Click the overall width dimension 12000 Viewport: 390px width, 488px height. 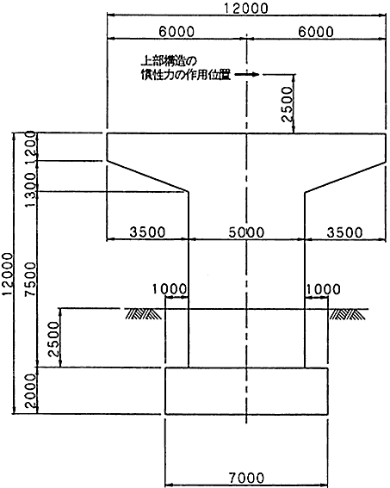click(246, 8)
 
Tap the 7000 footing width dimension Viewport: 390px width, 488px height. click(246, 478)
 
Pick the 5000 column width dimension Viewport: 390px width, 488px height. click(246, 232)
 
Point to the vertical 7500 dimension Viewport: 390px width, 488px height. click(31, 279)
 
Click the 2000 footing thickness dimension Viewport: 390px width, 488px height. click(31, 391)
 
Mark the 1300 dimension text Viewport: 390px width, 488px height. click(31, 190)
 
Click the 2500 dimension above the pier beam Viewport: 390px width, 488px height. click(287, 103)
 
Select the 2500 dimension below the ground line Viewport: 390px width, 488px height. click(53, 339)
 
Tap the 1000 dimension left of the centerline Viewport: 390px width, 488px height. click(170, 289)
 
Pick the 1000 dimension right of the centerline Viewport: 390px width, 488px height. click(323, 289)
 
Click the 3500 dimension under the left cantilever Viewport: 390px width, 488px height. click(147, 232)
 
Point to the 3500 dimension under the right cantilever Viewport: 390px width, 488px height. click(344, 232)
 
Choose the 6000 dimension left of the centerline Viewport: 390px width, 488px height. click(176, 31)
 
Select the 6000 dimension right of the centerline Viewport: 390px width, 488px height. click(316, 31)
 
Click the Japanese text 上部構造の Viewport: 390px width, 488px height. click(169, 61)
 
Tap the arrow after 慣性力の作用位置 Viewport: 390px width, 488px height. click(246, 74)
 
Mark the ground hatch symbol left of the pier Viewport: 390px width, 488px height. click(144, 314)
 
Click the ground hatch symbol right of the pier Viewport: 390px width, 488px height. click(348, 314)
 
